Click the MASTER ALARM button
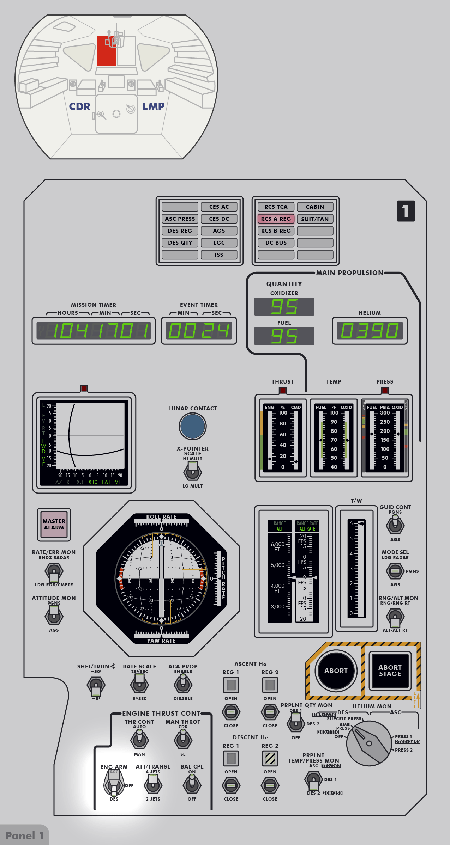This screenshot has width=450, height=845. [54, 525]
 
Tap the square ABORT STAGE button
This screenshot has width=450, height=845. [390, 671]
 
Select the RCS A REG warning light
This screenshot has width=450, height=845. [276, 219]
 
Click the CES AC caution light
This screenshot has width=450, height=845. [219, 207]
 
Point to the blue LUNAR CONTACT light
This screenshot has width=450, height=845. [192, 426]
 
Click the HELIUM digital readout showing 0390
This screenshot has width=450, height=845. [370, 331]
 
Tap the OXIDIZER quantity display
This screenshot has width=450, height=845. [284, 307]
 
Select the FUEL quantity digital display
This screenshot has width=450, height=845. [284, 336]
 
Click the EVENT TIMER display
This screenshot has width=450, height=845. [199, 331]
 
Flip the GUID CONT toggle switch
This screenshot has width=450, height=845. [395, 524]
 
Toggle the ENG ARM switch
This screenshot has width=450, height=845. [114, 784]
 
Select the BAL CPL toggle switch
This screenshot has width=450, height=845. [192, 784]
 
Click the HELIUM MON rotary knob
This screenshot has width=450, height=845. [369, 743]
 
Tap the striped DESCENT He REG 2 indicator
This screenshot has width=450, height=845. [270, 758]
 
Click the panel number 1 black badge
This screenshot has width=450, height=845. [406, 211]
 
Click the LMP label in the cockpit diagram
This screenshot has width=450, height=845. [153, 106]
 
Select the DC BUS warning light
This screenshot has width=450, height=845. [276, 243]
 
